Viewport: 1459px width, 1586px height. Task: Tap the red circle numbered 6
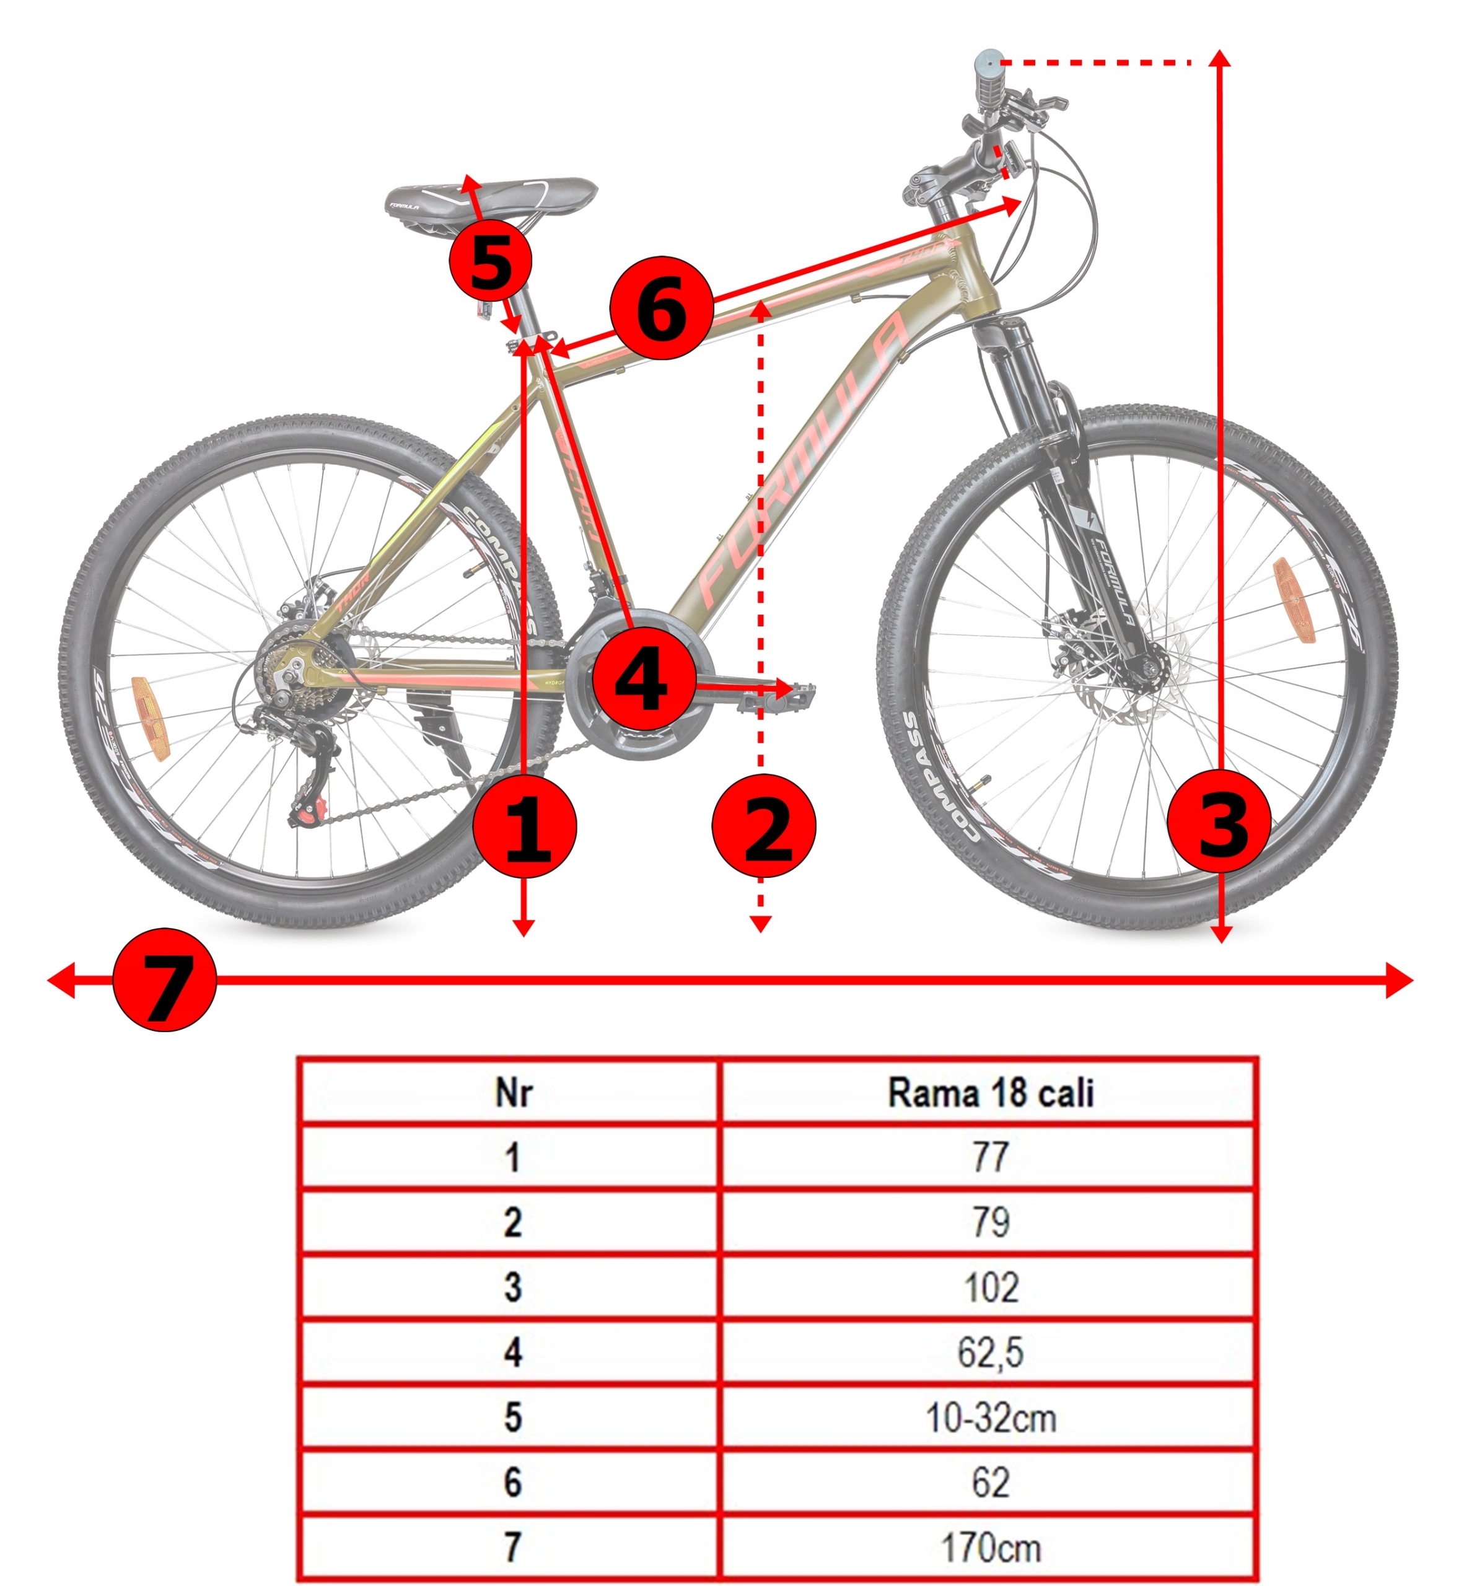tap(662, 308)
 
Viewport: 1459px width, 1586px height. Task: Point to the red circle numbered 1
tap(525, 826)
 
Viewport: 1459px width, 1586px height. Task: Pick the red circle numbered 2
tap(763, 826)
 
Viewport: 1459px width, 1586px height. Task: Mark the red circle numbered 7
tap(165, 979)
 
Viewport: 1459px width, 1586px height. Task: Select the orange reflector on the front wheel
tap(1286, 600)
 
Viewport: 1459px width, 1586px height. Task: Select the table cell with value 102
tap(990, 1287)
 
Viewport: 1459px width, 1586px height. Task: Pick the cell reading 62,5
tap(990, 1352)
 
